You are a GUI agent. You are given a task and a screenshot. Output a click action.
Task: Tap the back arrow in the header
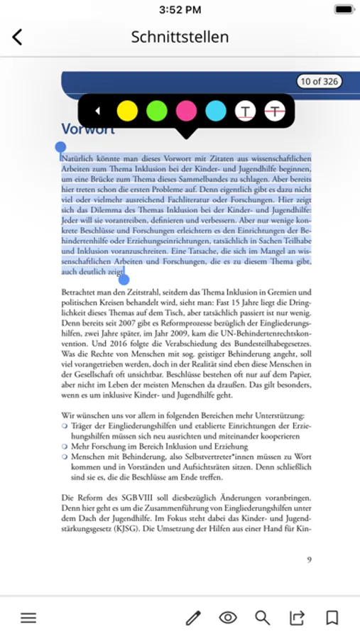(x=17, y=37)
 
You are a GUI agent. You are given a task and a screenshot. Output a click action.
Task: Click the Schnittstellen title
(x=180, y=37)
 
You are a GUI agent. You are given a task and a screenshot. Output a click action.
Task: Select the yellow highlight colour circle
(x=127, y=111)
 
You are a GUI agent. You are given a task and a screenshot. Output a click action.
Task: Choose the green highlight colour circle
(x=156, y=111)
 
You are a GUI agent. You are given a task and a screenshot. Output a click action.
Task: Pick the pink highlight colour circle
(x=186, y=111)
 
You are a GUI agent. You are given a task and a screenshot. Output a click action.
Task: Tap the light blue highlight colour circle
(x=216, y=111)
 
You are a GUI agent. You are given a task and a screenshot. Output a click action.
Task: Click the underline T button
(x=246, y=111)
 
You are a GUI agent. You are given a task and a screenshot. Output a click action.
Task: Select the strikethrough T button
(x=275, y=111)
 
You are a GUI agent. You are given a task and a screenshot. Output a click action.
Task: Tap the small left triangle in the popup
(x=98, y=111)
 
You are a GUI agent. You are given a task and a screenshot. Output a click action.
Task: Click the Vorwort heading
(x=87, y=129)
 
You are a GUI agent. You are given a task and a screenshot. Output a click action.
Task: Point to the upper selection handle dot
(x=61, y=148)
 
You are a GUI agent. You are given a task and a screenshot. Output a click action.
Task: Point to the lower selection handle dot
(x=124, y=279)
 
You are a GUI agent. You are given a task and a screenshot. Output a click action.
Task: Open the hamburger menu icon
(x=28, y=618)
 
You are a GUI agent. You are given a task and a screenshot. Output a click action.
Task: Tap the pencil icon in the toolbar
(x=193, y=618)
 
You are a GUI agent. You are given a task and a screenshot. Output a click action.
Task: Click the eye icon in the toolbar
(x=228, y=618)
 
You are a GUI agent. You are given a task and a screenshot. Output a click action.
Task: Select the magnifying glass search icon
(x=263, y=618)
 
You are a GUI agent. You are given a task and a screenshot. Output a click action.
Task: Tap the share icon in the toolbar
(x=297, y=618)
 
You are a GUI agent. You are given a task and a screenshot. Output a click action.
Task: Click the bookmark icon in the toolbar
(x=332, y=618)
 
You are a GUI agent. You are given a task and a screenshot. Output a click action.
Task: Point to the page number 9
(x=309, y=559)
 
